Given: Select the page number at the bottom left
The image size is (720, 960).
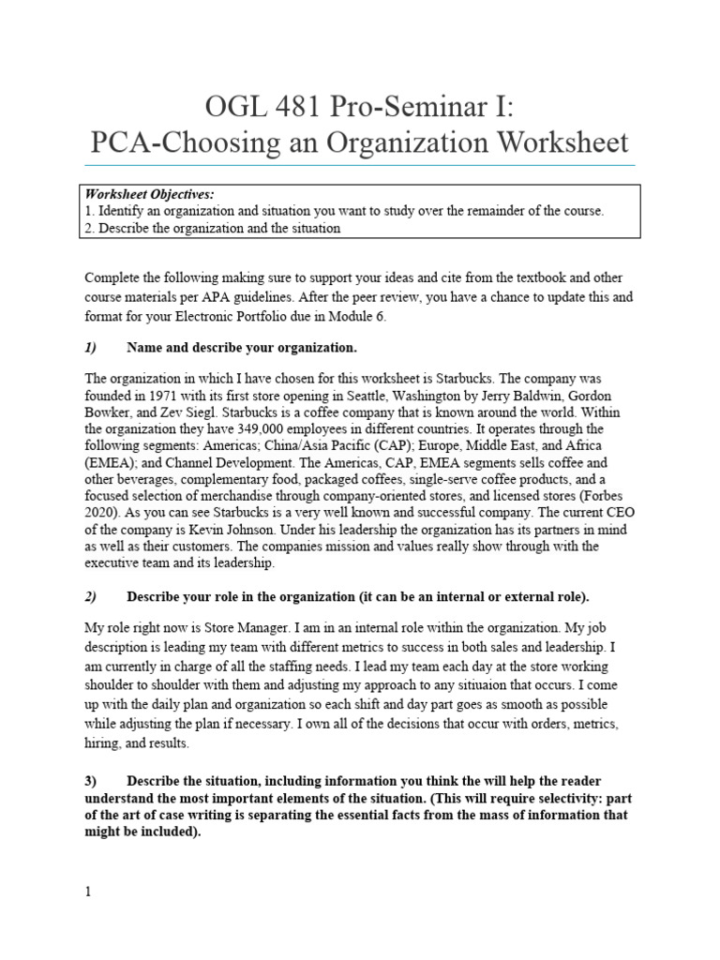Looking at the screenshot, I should point(88,892).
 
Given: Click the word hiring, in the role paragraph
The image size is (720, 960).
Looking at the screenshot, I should point(105,742).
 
